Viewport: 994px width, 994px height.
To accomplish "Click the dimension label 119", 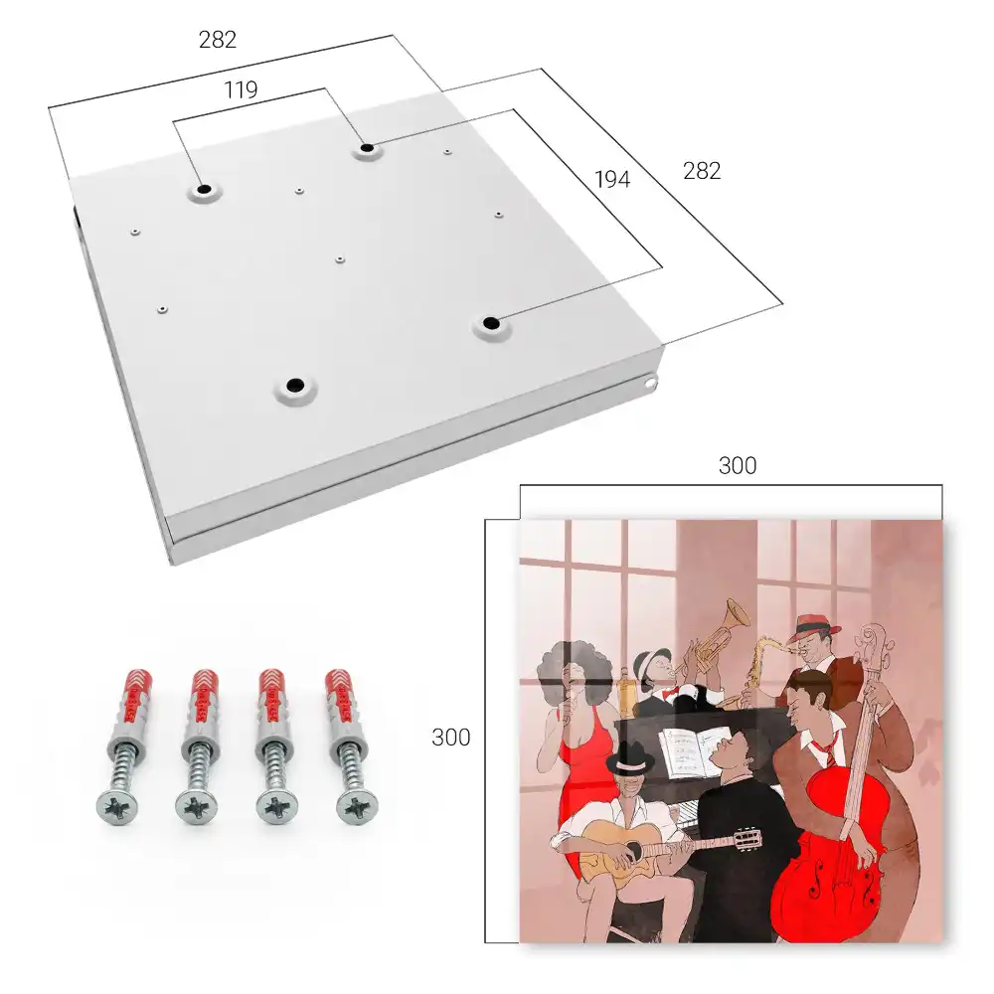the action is point(241,90).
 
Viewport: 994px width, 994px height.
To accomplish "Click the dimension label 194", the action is point(612,179).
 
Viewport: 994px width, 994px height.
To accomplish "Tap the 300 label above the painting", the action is point(738,465).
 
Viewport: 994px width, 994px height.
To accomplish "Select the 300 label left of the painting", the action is point(450,737).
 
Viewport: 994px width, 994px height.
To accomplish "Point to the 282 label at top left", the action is point(218,40).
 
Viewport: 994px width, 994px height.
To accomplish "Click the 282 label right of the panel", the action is point(702,171).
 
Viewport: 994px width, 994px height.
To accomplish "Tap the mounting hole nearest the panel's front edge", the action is point(293,385).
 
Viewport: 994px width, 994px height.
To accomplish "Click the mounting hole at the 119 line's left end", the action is point(204,189).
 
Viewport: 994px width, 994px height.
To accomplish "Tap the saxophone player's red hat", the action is point(818,624).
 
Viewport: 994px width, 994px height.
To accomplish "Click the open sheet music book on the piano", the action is point(694,751).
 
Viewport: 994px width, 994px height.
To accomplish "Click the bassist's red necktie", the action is point(825,752).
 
